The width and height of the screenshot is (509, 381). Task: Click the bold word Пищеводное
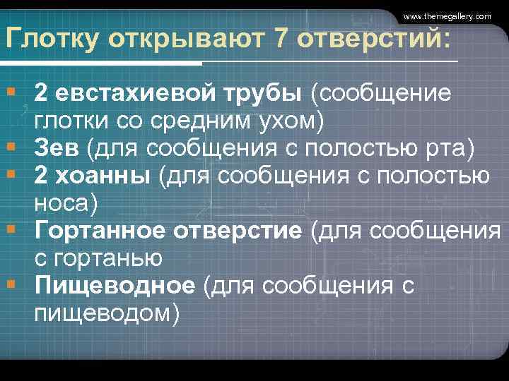pos(114,285)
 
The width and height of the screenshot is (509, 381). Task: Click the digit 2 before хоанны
pos(42,176)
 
